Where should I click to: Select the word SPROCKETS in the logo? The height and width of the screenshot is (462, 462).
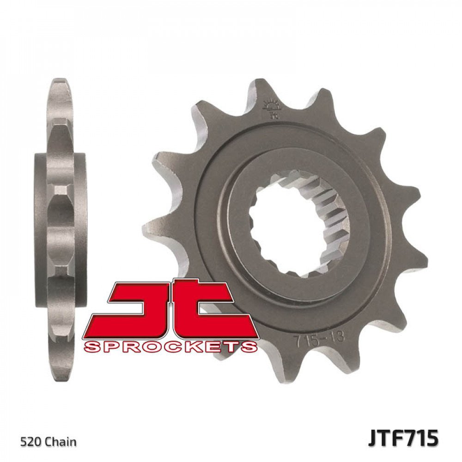[x=170, y=346]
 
